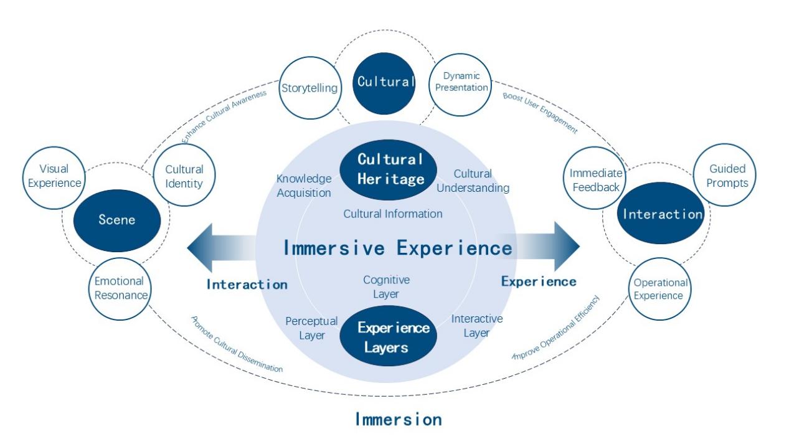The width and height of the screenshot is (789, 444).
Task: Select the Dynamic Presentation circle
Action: [461, 82]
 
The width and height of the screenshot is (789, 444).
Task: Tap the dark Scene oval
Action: [116, 220]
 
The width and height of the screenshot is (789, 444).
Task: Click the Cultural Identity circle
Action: [184, 176]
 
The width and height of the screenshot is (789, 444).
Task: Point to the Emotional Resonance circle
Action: [119, 288]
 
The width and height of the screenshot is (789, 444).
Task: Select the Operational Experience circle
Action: [659, 289]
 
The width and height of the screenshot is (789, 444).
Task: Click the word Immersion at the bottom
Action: [399, 419]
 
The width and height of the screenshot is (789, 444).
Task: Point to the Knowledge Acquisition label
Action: [304, 186]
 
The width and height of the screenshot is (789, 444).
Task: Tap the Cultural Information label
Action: [393, 214]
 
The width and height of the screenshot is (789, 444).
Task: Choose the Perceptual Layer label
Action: [311, 328]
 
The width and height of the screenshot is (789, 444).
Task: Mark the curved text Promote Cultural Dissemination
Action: [236, 346]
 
